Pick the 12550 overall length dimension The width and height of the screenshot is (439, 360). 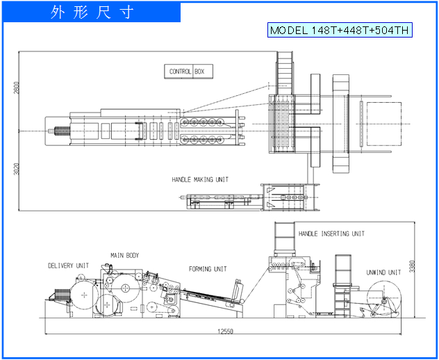coord(224,331)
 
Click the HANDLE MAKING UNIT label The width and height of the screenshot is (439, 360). coord(200,180)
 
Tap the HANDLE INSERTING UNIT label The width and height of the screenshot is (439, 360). coord(331,234)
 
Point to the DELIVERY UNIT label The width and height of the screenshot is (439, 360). coord(68,265)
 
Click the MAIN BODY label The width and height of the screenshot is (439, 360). coord(124,256)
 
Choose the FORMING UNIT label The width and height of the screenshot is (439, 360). coord(208,269)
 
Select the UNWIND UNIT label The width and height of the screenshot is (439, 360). coord(383,272)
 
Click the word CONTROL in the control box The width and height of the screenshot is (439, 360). coord(181,72)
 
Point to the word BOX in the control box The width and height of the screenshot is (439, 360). coord(199,72)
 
